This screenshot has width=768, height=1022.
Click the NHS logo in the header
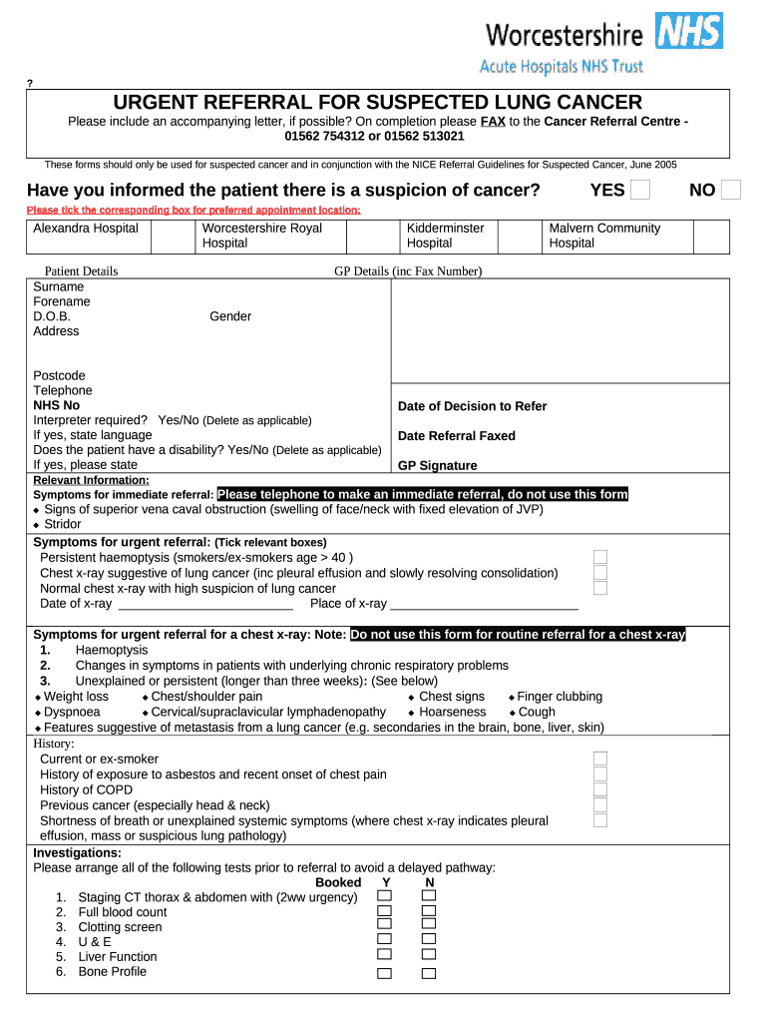(x=689, y=31)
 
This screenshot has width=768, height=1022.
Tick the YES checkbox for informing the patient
(x=641, y=190)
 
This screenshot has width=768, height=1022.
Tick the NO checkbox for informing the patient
(x=731, y=190)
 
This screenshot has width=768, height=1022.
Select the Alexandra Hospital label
(x=86, y=229)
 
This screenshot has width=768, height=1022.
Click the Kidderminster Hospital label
(x=445, y=236)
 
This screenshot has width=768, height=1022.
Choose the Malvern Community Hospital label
(x=604, y=236)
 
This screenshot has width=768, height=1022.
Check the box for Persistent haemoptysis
(x=600, y=557)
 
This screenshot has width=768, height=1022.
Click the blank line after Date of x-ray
(x=205, y=604)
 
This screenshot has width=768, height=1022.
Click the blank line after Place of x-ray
(x=485, y=604)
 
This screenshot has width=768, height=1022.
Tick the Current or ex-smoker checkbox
(x=600, y=759)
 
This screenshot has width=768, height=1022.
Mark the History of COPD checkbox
(x=600, y=789)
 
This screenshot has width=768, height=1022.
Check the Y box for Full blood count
(x=384, y=912)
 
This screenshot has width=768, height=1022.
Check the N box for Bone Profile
(x=429, y=973)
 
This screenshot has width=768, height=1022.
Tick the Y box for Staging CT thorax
(x=384, y=896)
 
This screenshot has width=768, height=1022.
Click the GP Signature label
(x=437, y=466)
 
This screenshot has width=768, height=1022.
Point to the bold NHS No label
(x=57, y=406)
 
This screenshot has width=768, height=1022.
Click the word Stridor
(x=63, y=524)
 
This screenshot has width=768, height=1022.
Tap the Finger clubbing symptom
(x=560, y=697)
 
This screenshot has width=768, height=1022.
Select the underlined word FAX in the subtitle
(x=493, y=122)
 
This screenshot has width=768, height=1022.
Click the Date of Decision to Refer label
(x=472, y=406)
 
